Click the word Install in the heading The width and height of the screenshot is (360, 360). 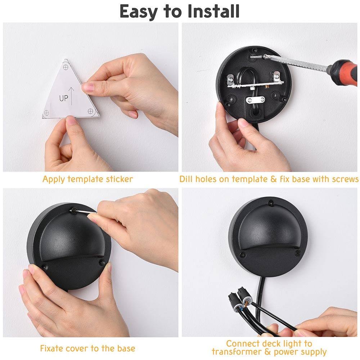click(x=213, y=11)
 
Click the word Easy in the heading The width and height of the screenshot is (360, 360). click(x=139, y=12)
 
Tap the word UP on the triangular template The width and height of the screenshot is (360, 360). click(x=64, y=98)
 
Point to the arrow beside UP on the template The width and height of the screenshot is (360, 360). click(x=71, y=96)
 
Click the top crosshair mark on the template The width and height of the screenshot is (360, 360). click(x=66, y=67)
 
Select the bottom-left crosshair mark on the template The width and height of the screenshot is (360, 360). click(x=46, y=113)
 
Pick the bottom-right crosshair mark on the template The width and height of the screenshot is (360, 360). click(x=90, y=111)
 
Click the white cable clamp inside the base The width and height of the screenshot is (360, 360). click(x=255, y=100)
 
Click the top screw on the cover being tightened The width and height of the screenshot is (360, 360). click(x=74, y=210)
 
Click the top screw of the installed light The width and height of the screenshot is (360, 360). click(x=271, y=203)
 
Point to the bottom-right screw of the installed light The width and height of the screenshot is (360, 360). click(x=298, y=253)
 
